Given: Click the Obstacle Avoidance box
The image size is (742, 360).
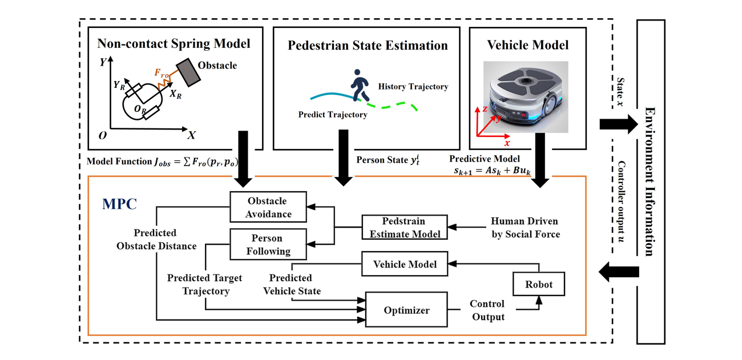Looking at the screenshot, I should (268, 207).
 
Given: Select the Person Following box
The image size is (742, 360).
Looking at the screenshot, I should (268, 244).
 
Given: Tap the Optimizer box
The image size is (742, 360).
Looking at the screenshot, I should (406, 310).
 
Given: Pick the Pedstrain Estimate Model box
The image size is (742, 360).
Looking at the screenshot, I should (405, 227).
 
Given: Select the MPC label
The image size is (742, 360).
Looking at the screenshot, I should (119, 204).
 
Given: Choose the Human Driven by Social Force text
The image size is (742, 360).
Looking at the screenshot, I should (525, 227).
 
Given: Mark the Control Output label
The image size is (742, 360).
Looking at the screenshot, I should (487, 310).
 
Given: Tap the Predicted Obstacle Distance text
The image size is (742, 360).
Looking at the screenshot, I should (156, 240).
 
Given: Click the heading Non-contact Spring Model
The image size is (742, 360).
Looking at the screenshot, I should (174, 43).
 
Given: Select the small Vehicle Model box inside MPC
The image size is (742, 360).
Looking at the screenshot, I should (405, 264).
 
